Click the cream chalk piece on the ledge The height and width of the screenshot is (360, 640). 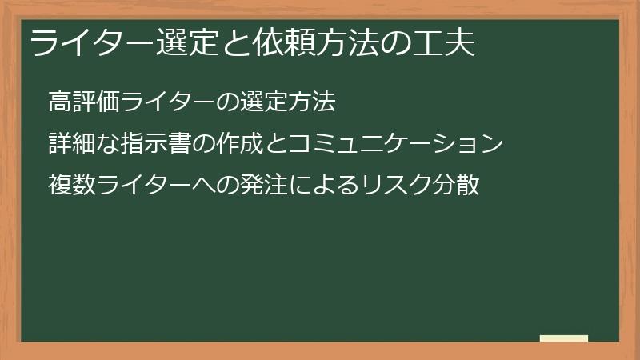[564, 338]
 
